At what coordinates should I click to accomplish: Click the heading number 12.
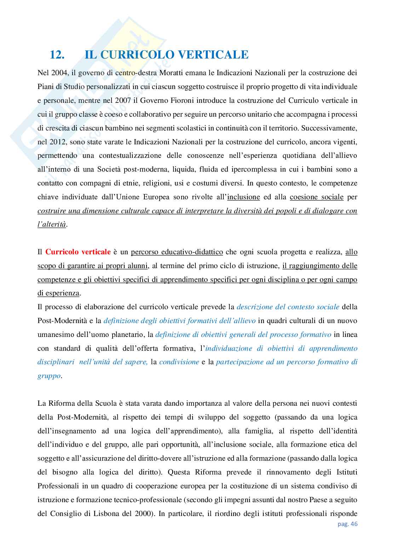pos(57,55)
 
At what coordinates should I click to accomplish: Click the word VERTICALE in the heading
pos(212,55)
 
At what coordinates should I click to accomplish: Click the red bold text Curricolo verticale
pos(78,252)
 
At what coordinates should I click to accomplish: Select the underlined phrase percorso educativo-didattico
pos(177,252)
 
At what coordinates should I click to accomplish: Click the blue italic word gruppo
pos(49,376)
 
